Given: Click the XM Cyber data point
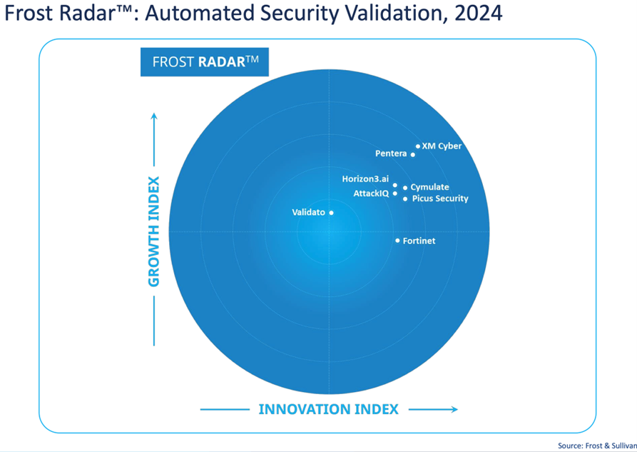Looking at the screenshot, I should tap(418, 146).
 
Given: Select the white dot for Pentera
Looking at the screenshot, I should tap(413, 154).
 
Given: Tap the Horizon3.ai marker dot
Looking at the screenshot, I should tap(395, 185).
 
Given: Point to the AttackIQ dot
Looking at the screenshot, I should tap(395, 194).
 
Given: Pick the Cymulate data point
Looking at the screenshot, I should tap(405, 188).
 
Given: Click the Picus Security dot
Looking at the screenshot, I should tap(405, 199).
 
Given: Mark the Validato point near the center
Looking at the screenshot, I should tap(331, 212).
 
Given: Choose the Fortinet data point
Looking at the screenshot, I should tap(398, 241).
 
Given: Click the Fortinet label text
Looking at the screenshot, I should tap(419, 241).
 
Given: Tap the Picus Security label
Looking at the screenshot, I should tap(440, 199).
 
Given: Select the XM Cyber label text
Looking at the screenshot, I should tap(442, 146).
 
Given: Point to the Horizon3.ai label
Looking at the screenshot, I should tap(365, 179).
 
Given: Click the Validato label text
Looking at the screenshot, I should tap(308, 212).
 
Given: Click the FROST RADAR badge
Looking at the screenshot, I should tap(204, 61).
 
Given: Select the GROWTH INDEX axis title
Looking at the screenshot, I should tap(154, 231).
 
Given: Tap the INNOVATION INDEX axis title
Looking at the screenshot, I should tap(328, 409).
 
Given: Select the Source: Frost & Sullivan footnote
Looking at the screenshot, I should tap(597, 446).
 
